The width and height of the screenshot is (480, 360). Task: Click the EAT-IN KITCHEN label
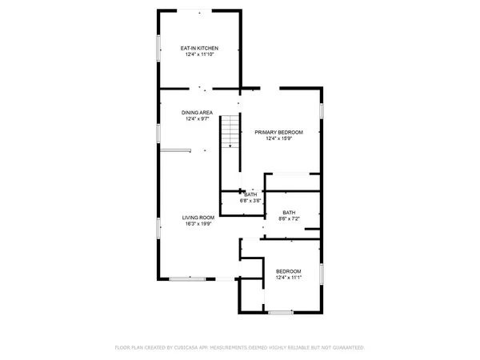tap(198, 49)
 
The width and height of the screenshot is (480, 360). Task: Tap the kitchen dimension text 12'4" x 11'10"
tap(198, 55)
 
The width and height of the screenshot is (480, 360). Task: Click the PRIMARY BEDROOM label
tap(278, 131)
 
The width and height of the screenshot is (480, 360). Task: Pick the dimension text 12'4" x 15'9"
tap(278, 138)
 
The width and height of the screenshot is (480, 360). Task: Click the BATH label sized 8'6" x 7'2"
tap(288, 212)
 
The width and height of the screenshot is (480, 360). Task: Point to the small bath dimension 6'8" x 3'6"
tap(250, 201)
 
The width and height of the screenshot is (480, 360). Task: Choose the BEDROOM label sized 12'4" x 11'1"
tap(289, 271)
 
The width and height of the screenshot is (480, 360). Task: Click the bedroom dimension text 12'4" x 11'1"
tap(289, 278)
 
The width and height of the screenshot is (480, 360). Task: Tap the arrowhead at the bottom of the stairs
tap(230, 146)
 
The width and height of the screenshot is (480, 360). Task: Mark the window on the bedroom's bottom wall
tap(280, 312)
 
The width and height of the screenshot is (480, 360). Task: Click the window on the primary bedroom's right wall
tap(322, 110)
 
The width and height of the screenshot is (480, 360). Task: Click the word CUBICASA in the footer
tap(199, 348)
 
